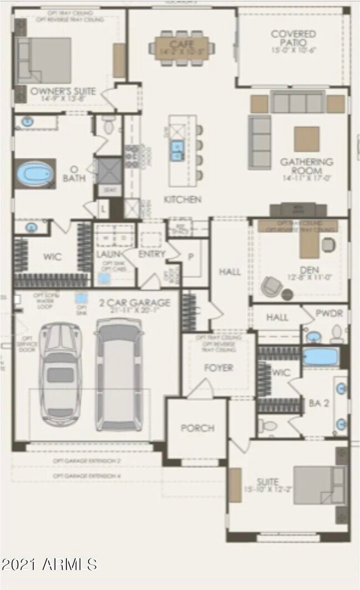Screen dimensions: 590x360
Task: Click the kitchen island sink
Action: tap(177, 150)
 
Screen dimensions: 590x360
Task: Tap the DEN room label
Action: tap(307, 270)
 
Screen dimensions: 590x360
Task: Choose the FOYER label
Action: tap(219, 367)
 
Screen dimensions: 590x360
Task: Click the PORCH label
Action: tap(197, 428)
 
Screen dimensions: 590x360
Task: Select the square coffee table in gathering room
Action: tap(306, 138)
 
